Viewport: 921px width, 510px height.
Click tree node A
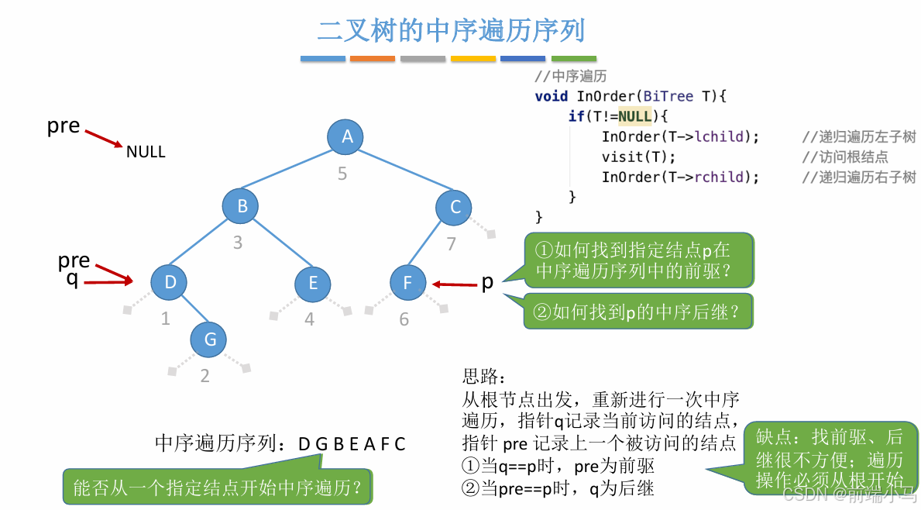[345, 137]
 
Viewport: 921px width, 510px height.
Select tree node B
[240, 206]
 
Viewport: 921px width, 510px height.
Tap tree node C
[454, 206]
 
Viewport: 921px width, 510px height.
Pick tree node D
[170, 283]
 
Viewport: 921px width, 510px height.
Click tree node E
[313, 283]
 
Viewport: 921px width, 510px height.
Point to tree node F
[408, 283]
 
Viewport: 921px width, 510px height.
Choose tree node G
[210, 339]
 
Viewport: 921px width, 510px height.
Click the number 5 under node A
[342, 174]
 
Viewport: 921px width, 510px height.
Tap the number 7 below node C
[451, 244]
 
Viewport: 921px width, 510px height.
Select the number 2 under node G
[204, 377]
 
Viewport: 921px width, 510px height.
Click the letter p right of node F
[487, 282]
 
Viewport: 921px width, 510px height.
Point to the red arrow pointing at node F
[455, 284]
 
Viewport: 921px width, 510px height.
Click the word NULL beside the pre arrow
[146, 152]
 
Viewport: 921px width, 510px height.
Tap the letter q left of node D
[72, 279]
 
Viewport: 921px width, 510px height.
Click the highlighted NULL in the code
[634, 116]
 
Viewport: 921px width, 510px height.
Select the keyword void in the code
[551, 96]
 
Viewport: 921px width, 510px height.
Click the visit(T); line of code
[633, 157]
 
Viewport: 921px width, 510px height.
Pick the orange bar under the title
[373, 58]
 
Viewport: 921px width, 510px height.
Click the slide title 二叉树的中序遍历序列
[451, 31]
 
